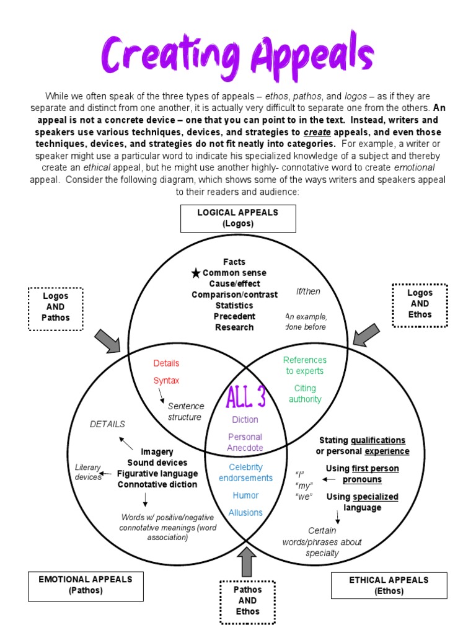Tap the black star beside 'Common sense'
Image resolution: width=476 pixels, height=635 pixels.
tap(196, 273)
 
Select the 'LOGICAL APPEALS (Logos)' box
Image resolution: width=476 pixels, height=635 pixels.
tap(238, 218)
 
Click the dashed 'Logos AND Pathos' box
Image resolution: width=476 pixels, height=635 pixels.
tap(56, 308)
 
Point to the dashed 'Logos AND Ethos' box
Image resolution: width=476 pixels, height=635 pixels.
tap(420, 304)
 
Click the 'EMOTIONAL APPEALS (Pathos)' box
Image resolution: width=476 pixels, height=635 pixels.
tap(86, 585)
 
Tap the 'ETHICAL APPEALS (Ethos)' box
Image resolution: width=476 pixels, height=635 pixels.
tap(389, 585)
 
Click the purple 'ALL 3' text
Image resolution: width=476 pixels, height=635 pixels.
tap(246, 397)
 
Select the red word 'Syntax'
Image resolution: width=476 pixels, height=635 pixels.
tap(166, 381)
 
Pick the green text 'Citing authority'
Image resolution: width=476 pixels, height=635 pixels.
tap(305, 394)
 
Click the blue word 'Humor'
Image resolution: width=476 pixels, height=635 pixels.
tap(245, 495)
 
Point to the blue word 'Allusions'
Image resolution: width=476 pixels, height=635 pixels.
tap(245, 513)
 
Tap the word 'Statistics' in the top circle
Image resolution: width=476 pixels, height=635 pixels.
tap(234, 306)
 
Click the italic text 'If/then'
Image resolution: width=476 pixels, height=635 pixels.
tap(308, 291)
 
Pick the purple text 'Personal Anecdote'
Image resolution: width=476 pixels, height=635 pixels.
tap(245, 442)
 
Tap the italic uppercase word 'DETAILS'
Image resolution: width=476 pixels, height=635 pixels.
tap(107, 424)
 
